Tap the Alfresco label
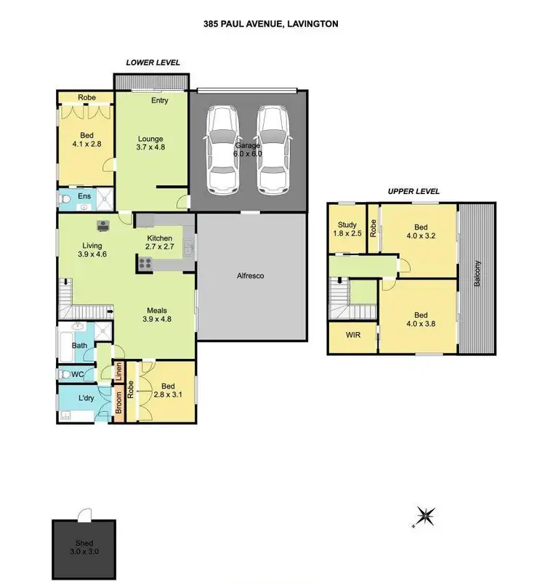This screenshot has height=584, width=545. point(250,276)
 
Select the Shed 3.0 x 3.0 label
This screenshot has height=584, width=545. point(84,547)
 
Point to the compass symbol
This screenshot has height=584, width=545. point(427,516)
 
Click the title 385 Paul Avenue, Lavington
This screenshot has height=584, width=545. point(270,23)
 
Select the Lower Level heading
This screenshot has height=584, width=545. point(153,62)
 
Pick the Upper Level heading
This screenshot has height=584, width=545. point(413,191)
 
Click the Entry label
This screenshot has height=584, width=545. point(159,100)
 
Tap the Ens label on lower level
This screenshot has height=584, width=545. point(84,195)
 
